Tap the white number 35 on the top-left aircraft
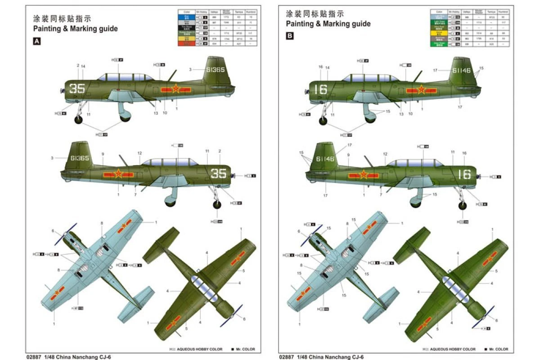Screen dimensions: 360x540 point(77,88)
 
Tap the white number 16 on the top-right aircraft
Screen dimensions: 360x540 point(320,89)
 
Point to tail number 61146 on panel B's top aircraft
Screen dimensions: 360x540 point(462,71)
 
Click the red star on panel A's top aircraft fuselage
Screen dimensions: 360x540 point(175,89)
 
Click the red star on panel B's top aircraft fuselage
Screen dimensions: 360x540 point(421,90)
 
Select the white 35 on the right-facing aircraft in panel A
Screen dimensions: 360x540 point(219,173)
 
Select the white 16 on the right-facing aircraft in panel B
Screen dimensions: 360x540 point(464,174)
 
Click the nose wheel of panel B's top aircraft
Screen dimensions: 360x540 point(323,120)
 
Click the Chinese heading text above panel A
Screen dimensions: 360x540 point(62,19)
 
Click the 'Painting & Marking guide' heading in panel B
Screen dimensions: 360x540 point(328,23)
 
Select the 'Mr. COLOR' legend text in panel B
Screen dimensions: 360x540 point(498,349)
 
